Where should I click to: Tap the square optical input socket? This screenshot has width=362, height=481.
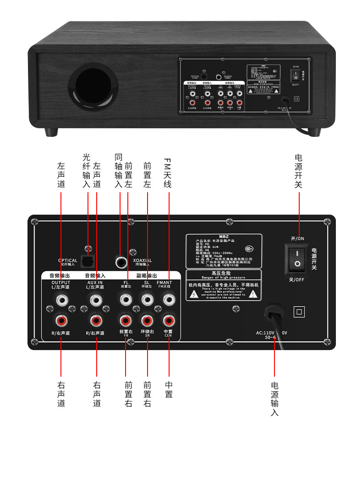88,261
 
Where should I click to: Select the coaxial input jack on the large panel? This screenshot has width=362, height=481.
122,262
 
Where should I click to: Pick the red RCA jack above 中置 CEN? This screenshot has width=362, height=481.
169,319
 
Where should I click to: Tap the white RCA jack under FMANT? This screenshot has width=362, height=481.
169,300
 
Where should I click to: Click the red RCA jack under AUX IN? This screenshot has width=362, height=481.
96,319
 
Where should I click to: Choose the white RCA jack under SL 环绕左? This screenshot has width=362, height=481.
147,300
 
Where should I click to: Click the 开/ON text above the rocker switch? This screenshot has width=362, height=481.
297,238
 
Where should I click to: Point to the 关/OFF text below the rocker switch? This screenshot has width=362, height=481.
296,280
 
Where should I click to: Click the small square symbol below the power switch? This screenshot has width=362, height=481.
299,312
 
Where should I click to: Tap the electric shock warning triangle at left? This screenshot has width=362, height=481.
194,294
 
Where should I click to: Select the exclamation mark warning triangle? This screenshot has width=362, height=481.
252,294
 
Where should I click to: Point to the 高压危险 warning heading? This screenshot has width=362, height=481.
223,272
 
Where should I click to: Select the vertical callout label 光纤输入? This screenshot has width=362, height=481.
87,170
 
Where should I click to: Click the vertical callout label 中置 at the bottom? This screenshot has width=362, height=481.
169,389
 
